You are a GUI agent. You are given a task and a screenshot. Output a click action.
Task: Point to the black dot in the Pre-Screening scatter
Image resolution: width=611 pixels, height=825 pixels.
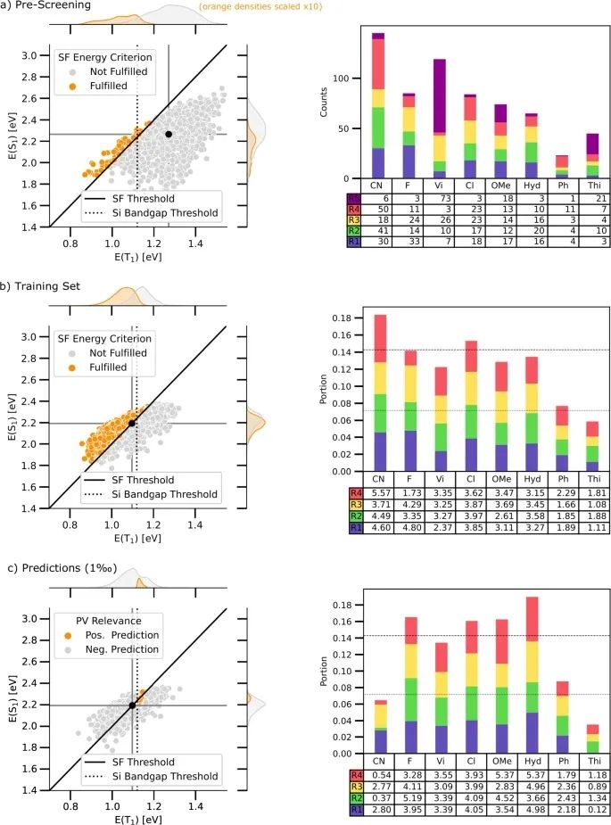(169, 134)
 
